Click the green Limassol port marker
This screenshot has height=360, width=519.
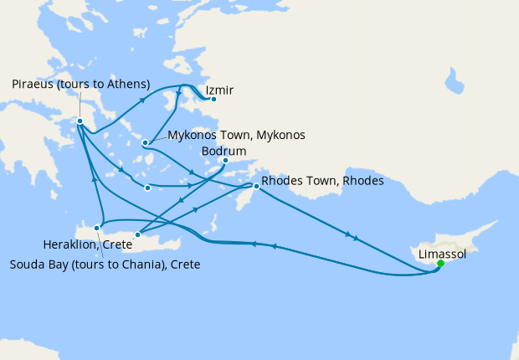point(440,265)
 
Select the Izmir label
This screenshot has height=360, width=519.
point(218,90)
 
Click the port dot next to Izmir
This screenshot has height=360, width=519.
point(213,100)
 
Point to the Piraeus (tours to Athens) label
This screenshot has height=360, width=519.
point(81,84)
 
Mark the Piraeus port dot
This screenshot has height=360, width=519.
point(80,121)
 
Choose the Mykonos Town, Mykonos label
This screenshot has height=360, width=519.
point(236,135)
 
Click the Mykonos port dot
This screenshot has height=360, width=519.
point(146,142)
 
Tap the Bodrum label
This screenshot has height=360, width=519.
point(224,151)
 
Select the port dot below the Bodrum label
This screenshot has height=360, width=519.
point(225,160)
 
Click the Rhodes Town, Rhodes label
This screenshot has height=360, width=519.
point(322,181)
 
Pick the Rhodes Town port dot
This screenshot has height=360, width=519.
point(256,187)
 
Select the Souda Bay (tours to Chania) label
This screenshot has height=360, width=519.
point(105,264)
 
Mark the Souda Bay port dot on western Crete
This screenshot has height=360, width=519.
point(98,227)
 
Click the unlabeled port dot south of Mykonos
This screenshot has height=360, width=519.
point(147,188)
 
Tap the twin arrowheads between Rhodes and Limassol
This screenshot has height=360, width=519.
point(352,236)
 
